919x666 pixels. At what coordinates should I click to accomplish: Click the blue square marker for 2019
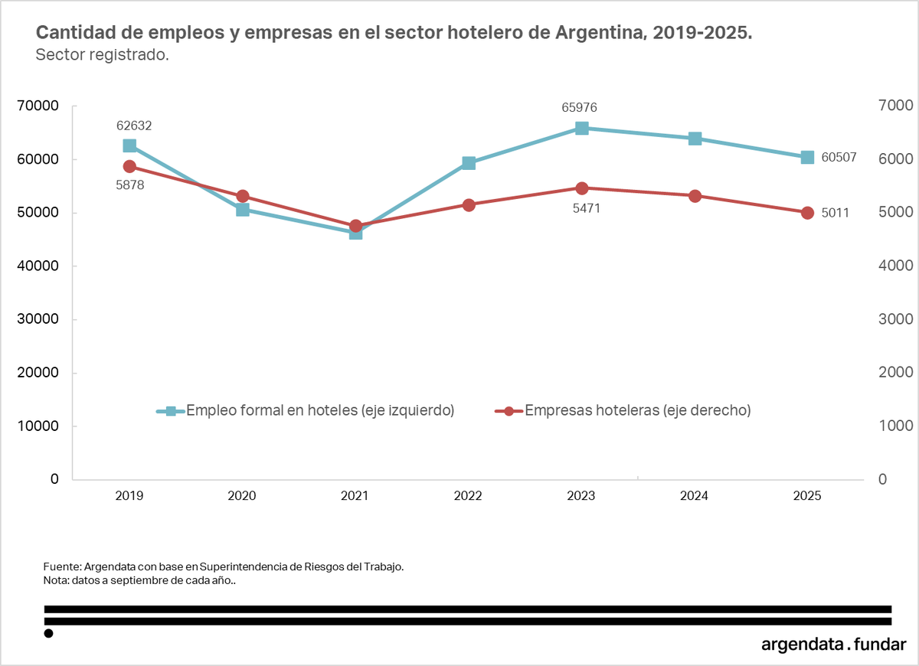129,145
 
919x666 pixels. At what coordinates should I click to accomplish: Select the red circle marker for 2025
807,213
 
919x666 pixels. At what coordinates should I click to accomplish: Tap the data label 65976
580,108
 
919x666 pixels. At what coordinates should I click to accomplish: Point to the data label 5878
129,184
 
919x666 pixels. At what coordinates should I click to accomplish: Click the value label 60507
839,158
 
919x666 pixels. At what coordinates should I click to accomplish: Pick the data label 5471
587,207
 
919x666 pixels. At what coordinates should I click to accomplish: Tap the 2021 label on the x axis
355,496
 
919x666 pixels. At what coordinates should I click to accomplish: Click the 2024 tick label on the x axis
694,496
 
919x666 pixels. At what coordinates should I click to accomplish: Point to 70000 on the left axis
38,106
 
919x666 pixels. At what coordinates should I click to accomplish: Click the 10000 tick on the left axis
38,426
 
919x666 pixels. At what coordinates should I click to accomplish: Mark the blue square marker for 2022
469,163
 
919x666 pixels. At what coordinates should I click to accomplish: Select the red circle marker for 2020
243,197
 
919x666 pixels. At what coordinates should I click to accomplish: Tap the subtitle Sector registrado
102,55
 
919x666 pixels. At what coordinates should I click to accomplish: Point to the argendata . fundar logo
834,644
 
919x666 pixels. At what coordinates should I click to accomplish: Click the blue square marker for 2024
695,139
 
